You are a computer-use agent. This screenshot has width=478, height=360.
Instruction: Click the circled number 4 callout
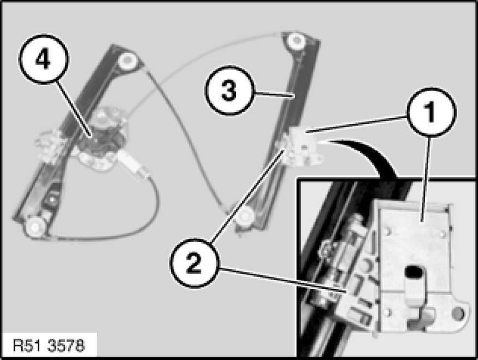(x=44, y=59)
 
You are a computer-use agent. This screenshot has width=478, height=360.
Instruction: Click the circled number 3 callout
(x=229, y=90)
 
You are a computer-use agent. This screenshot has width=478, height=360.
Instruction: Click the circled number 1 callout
(x=432, y=112)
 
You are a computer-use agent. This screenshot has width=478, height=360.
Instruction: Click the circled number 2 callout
(x=194, y=263)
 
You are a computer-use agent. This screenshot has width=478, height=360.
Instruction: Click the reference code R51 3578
(x=49, y=346)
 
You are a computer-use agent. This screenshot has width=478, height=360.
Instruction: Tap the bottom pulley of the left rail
(x=34, y=227)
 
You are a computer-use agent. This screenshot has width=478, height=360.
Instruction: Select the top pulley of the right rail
(x=296, y=40)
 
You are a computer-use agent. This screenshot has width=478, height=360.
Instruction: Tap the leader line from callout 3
(x=274, y=95)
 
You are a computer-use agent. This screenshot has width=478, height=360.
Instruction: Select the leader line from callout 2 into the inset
(x=283, y=280)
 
